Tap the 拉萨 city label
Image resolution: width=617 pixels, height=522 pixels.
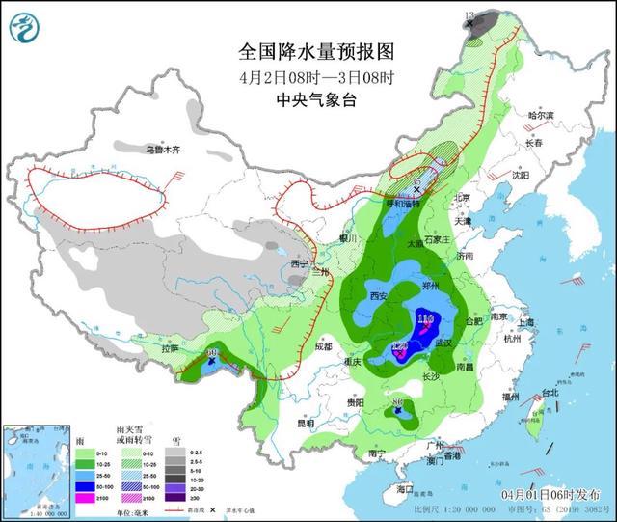pyautogui.click(x=171, y=347)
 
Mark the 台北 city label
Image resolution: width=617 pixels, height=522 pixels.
pyautogui.click(x=549, y=394)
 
